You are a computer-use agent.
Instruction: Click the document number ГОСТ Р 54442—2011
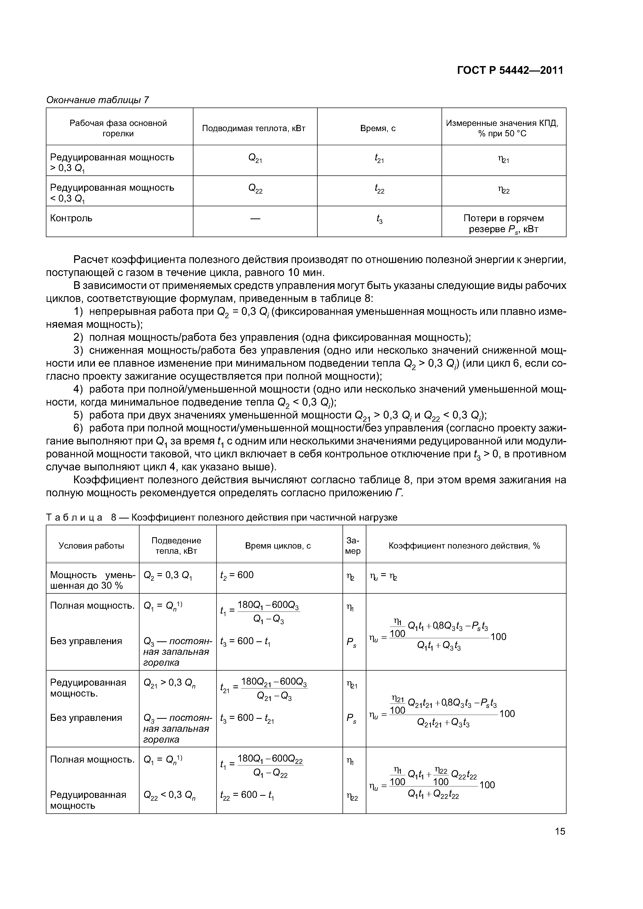click(x=510, y=70)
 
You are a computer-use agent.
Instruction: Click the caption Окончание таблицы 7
click(x=97, y=100)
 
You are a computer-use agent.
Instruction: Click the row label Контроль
click(x=71, y=218)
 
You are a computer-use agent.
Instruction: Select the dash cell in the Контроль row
click(x=255, y=218)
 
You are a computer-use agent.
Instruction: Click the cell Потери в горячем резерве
click(x=504, y=224)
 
